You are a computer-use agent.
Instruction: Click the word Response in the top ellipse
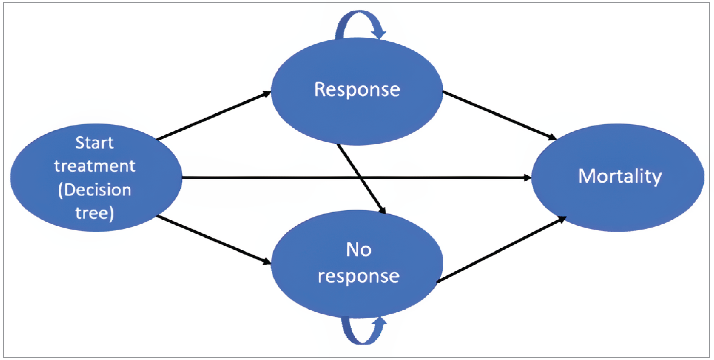357,90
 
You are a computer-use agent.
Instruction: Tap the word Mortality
620,177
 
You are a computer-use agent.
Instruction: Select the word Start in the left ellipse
95,143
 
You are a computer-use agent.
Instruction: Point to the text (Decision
95,190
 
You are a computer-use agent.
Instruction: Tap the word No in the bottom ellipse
358,250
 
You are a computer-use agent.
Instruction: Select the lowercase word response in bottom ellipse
358,276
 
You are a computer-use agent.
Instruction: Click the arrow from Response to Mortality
499,115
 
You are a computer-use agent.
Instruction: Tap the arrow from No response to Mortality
502,249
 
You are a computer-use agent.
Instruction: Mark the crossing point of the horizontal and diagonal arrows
361,177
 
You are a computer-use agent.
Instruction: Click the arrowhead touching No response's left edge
267,261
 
